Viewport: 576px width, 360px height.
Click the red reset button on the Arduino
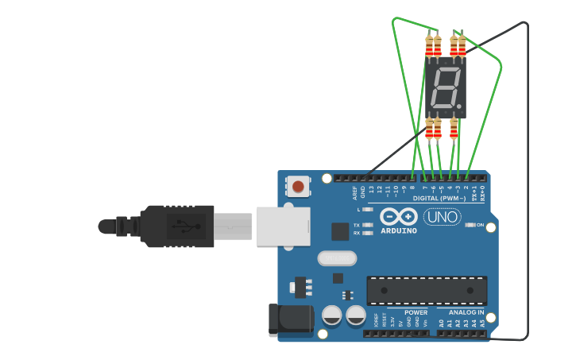click(x=298, y=187)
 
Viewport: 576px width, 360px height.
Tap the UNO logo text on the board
click(x=443, y=217)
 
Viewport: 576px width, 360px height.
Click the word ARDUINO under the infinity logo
click(x=399, y=231)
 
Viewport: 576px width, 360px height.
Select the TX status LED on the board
click(x=367, y=225)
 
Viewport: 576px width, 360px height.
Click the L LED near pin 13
click(x=367, y=209)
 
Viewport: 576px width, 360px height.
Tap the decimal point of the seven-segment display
click(x=459, y=106)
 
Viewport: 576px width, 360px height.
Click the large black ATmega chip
click(x=427, y=291)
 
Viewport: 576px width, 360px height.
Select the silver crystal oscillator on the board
click(x=337, y=258)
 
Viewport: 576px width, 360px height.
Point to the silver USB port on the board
click(x=282, y=226)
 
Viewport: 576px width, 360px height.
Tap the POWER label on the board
click(x=416, y=312)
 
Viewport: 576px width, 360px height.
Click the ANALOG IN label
click(x=466, y=312)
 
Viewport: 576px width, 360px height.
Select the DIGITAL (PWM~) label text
click(x=439, y=198)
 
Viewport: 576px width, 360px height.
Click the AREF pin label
click(x=355, y=192)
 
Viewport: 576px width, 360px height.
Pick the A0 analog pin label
click(x=442, y=323)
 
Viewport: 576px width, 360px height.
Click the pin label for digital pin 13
click(x=370, y=191)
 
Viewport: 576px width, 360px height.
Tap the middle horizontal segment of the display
click(x=444, y=88)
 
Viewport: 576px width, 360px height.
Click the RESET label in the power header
click(x=384, y=321)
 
